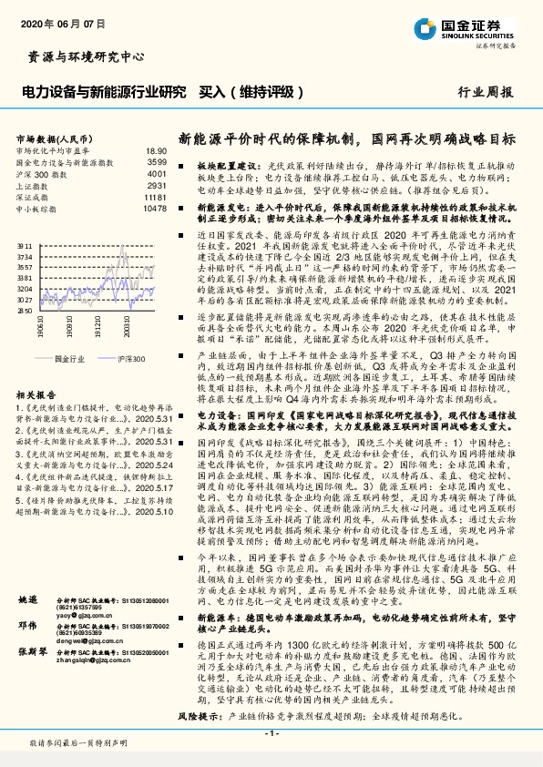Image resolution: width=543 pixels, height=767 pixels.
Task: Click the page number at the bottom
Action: click(271, 734)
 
